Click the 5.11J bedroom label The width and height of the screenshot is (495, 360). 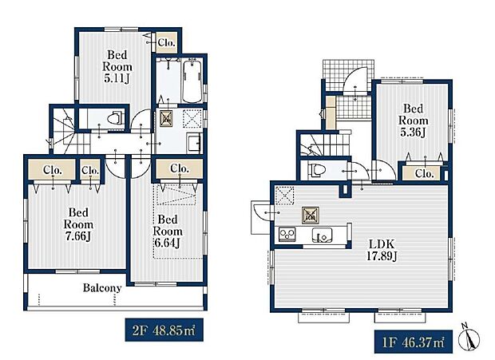point(117,67)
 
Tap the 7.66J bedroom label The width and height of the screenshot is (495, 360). point(78,224)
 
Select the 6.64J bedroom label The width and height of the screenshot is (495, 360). point(168,231)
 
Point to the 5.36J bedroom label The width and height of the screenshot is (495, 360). point(413,121)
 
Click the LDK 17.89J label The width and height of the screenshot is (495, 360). point(382,250)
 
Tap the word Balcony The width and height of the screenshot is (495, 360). point(102,287)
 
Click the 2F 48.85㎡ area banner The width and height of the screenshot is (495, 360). point(164,330)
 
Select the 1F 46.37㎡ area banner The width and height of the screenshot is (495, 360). point(414,342)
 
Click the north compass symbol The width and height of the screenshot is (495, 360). point(469,337)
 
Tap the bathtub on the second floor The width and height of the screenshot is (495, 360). point(192,81)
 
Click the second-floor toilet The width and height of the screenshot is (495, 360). point(114,118)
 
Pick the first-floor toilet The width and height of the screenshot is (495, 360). point(317,170)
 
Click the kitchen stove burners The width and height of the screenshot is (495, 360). point(287,235)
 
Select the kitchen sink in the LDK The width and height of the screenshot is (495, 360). point(322,235)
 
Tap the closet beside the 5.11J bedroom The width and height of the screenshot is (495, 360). point(166,42)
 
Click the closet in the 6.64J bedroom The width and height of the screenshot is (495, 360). point(179,168)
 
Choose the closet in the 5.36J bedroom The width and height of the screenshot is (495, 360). point(424,173)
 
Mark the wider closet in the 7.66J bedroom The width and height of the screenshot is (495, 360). point(52,169)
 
